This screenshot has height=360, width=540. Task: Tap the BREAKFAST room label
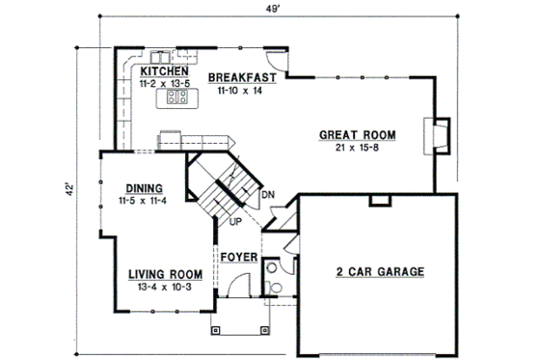[x=243, y=76]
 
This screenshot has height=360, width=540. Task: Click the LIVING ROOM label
[x=164, y=273]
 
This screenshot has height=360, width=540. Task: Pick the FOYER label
[x=238, y=258]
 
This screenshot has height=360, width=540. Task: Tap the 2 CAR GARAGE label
[x=380, y=272]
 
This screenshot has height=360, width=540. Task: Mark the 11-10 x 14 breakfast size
[x=242, y=89]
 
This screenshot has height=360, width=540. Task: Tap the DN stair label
[x=267, y=195]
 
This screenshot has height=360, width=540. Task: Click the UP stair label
[x=234, y=222]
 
